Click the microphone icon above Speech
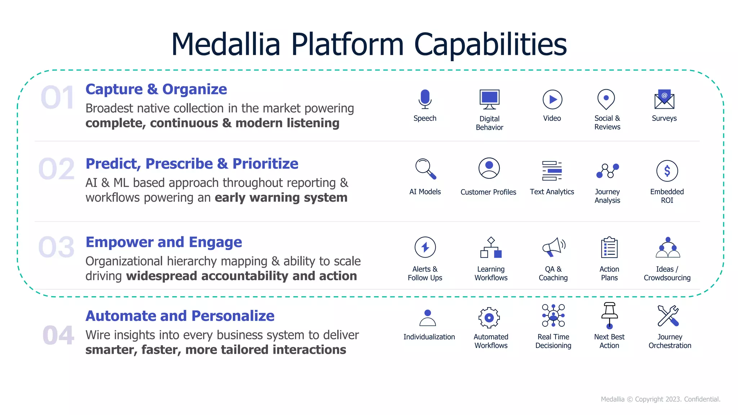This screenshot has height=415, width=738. [x=425, y=99]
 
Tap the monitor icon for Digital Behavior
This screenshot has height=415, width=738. [x=489, y=99]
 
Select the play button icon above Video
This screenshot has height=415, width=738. [x=552, y=99]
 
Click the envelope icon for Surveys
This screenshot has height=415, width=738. [x=664, y=99]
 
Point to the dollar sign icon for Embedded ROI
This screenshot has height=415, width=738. [x=667, y=171]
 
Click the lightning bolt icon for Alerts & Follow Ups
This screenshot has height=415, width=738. [x=425, y=247]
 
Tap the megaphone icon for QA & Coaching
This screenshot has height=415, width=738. [x=553, y=247]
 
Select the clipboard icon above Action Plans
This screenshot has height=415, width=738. [x=609, y=247]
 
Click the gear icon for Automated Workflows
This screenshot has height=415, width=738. [x=489, y=317]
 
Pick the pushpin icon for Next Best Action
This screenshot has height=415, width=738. [x=609, y=316]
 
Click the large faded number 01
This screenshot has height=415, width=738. [x=58, y=98]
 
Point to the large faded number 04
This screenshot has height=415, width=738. [x=58, y=335]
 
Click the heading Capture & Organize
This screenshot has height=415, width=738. [x=156, y=89]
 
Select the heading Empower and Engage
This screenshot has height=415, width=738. [x=164, y=242]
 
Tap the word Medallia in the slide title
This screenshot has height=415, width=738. [x=226, y=44]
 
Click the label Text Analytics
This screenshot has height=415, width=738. [x=552, y=192]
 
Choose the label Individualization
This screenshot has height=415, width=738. [x=429, y=337]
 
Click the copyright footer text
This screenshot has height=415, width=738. [x=660, y=399]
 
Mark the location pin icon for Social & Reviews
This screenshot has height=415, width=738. [x=606, y=99]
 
